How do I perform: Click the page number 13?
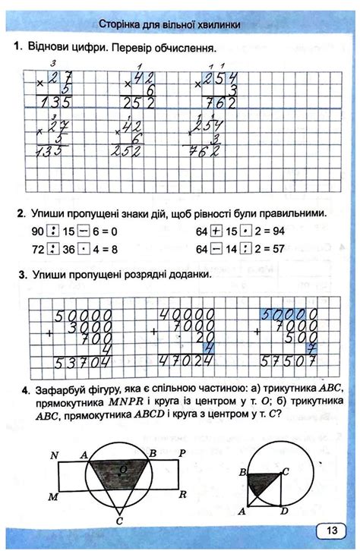tap(332, 531)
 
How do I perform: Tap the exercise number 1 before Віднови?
tap(17, 47)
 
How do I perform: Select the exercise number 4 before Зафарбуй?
tap(27, 392)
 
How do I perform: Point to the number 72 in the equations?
tap(36, 247)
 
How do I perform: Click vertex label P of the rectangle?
tap(183, 454)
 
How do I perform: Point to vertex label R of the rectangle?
tap(183, 494)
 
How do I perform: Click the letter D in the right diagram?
tap(283, 511)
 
